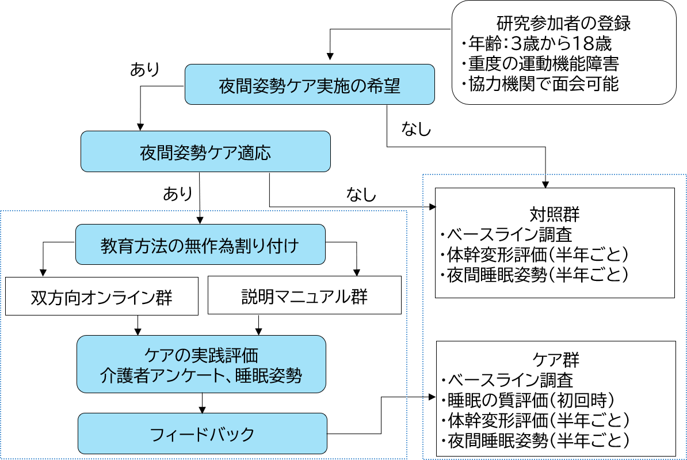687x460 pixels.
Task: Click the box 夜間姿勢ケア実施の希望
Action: pos(310,85)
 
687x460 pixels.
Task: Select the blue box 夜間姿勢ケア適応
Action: pos(205,152)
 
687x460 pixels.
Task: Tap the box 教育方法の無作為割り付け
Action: pos(200,245)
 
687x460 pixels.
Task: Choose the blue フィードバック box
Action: pos(202,434)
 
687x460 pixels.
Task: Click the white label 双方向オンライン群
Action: pos(102,297)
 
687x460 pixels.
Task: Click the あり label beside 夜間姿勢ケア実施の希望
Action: pos(145,69)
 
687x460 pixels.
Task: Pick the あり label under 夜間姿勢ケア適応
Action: pos(178,193)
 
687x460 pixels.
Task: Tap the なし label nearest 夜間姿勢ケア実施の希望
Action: pos(416,128)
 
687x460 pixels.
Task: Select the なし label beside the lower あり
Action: pos(361,194)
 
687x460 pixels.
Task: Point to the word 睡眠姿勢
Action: pos(269,376)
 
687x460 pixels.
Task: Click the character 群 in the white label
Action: pos(163,298)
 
